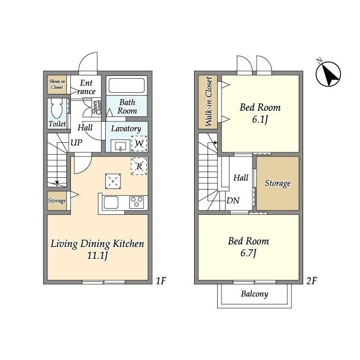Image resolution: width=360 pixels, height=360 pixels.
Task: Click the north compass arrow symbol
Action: coord(328,74)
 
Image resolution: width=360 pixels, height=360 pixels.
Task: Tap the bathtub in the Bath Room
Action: coord(127,85)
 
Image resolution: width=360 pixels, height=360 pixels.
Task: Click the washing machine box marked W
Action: coord(139,143)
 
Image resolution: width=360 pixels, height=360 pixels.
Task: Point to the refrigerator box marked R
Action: coord(139,166)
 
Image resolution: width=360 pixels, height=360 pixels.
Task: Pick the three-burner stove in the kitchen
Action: coord(137,202)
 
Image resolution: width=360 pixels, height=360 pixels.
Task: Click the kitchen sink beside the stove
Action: coord(111,202)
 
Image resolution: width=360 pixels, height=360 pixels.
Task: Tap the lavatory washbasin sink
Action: coord(120,146)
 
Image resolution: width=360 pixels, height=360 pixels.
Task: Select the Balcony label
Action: coord(254,294)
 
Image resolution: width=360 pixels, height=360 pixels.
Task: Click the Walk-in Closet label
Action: coord(208,101)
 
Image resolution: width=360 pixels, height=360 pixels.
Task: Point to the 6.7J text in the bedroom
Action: coord(249,253)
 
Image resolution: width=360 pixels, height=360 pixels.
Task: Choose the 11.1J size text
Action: coord(97,255)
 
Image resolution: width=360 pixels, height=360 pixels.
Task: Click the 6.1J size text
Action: coord(260,119)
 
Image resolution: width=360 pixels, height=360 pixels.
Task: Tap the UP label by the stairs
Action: coord(76,142)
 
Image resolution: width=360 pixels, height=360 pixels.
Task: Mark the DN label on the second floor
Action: coord(233,200)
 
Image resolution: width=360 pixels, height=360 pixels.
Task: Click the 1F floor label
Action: coord(161,281)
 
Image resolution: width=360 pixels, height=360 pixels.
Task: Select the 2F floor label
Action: coord(312,281)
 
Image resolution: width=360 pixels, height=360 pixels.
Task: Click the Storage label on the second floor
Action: coord(277,183)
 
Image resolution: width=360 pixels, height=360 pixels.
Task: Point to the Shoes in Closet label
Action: coord(57,84)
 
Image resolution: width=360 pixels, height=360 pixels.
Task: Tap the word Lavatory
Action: coord(126,129)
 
